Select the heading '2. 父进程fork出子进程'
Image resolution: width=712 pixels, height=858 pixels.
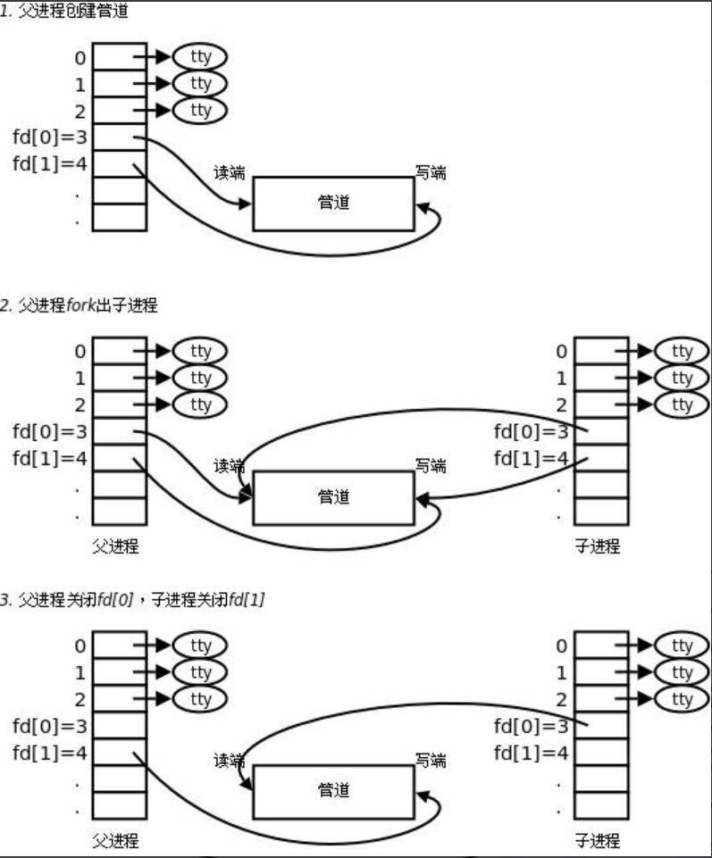79,305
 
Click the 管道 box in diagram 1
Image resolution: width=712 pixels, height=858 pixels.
333,203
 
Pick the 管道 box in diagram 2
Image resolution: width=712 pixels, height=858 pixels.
333,497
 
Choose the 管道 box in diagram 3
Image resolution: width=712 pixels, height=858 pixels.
333,790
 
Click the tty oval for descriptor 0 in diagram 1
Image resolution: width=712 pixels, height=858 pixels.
200,56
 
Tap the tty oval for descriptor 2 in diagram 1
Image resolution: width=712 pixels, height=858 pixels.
200,110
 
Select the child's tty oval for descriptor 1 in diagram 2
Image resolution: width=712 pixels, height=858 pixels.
682,378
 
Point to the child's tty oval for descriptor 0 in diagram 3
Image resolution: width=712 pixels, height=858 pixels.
682,646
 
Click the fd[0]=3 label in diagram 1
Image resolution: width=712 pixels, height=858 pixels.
50,137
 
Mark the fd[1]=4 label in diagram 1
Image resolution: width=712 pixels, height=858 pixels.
50,164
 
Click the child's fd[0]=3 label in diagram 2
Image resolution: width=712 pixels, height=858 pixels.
532,432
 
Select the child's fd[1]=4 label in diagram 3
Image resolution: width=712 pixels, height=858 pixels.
532,752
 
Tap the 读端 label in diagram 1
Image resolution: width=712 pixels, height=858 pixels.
230,173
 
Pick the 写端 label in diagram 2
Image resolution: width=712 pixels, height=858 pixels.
431,466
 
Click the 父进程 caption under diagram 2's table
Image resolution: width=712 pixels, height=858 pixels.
116,546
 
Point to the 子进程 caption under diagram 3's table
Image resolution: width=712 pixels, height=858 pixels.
597,840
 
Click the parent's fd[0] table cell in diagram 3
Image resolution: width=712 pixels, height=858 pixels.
120,725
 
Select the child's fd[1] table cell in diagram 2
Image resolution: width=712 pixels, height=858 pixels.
600,458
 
